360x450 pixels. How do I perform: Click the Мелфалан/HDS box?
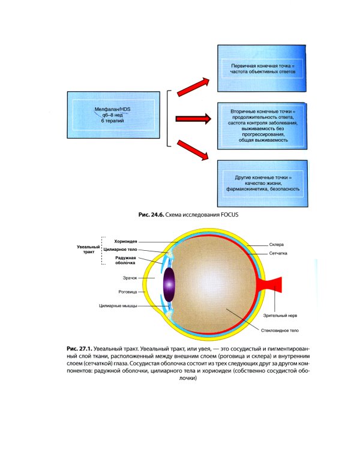coord(111,111)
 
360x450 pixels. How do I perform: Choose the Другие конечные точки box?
coord(263,184)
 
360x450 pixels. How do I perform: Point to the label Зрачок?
coord(130,278)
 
